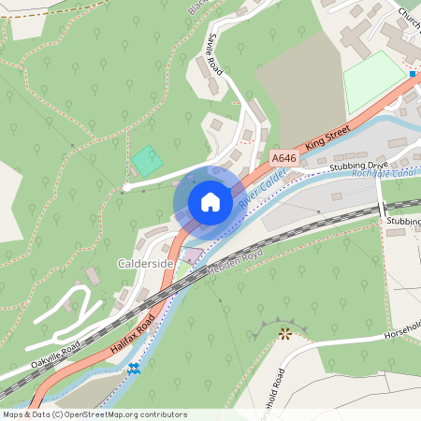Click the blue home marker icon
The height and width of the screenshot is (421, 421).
pyautogui.click(x=210, y=202)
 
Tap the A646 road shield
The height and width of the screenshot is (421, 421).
pyautogui.click(x=283, y=160)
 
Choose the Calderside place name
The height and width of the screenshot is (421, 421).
pyautogui.click(x=145, y=265)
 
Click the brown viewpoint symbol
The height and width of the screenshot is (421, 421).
pyautogui.click(x=285, y=332)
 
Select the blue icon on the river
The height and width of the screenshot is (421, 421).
pyautogui.click(x=135, y=369)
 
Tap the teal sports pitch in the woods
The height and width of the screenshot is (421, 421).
pyautogui.click(x=146, y=161)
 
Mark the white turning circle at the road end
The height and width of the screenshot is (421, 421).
pyautogui.click(x=126, y=188)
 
